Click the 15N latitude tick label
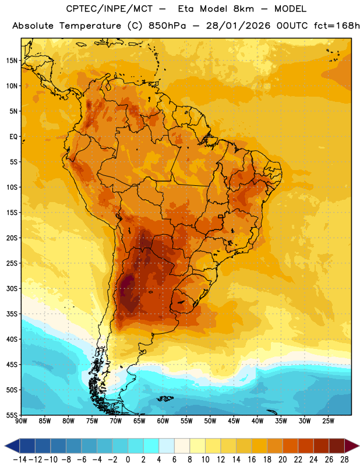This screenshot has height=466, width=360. click(12, 61)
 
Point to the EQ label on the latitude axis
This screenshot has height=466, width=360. click(13, 137)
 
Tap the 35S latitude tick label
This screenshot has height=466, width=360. click(12, 314)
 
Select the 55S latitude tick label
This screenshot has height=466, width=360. click(12, 415)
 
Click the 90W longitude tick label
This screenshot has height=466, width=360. click(21, 421)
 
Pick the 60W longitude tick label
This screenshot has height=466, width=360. click(163, 421)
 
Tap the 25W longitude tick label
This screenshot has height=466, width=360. click(328, 421)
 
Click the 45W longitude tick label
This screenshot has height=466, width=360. click(234, 421)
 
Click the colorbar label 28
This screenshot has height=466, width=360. click(344, 460)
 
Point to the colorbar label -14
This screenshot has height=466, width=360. click(19, 460)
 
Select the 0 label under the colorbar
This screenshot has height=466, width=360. click(128, 460)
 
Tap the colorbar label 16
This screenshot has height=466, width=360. click(252, 460)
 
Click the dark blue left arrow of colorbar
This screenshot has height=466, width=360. click(12, 446)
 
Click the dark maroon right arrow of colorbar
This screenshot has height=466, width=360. click(352, 446)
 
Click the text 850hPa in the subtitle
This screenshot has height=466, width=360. click(167, 26)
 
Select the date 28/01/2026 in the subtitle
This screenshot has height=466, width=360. click(238, 26)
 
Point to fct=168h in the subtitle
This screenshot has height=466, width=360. click(337, 26)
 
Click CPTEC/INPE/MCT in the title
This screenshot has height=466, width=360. click(110, 9)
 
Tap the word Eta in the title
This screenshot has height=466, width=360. click(186, 9)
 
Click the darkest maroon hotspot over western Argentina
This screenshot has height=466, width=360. click(128, 284)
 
